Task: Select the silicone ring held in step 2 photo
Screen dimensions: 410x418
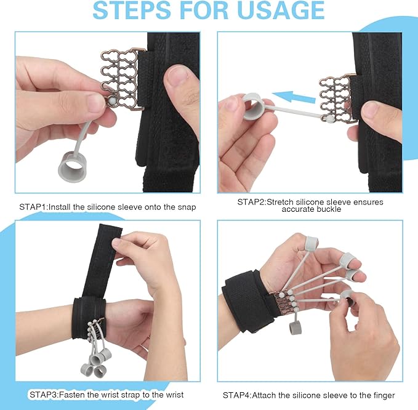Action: pyautogui.click(x=253, y=105)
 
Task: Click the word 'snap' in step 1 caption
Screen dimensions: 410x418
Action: pyautogui.click(x=186, y=207)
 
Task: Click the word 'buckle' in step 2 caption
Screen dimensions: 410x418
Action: pyautogui.click(x=331, y=210)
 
